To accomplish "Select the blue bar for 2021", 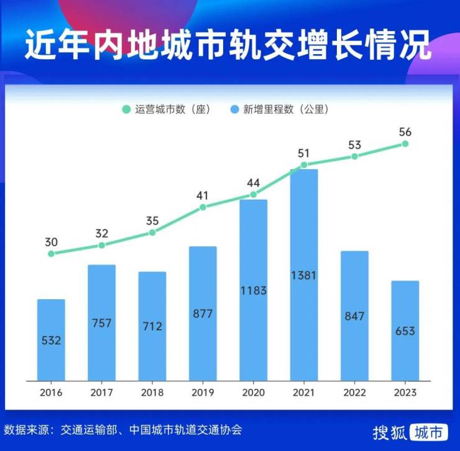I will (x=304, y=274).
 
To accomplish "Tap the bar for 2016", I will (x=51, y=340).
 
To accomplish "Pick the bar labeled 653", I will (x=405, y=330).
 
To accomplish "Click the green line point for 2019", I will (x=203, y=207).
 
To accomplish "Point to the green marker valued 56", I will (x=405, y=144).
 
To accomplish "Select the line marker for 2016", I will (x=51, y=253).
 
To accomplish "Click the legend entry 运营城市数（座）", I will (x=167, y=109).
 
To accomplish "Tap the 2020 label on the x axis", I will (x=254, y=393).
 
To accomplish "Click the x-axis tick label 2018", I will (x=152, y=393).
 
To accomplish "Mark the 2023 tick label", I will (x=405, y=393).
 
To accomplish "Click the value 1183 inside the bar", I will (x=253, y=290).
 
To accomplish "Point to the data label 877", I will (x=203, y=314).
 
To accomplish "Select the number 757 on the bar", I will (x=101, y=323).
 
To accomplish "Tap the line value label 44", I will (x=254, y=183).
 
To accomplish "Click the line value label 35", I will (x=152, y=221).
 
